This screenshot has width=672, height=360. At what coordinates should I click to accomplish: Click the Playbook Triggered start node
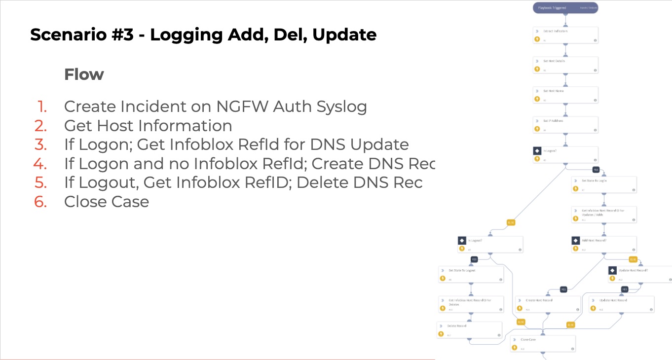[x=565, y=8]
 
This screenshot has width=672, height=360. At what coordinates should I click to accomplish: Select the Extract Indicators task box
[x=565, y=35]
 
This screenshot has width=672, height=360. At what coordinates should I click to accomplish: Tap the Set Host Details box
[x=565, y=65]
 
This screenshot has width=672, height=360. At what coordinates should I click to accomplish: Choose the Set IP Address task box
[x=565, y=125]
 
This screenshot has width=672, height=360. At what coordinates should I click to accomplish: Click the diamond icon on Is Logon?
[x=537, y=151]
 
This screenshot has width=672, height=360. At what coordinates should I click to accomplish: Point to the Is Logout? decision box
[x=490, y=245]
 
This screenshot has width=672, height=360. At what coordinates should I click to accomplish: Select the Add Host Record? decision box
[x=604, y=245]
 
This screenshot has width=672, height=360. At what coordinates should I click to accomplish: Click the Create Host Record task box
[x=548, y=304]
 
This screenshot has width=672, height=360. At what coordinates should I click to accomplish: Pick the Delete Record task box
[x=469, y=330]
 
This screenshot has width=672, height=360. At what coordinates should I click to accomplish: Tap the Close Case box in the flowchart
[x=543, y=343]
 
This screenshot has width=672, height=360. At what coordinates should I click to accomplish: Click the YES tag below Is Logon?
[x=596, y=170]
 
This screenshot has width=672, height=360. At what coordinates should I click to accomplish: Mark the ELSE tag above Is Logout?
[x=511, y=222]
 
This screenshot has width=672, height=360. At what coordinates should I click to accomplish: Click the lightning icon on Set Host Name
[x=537, y=100]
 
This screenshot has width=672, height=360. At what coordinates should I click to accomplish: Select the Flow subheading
[x=84, y=74]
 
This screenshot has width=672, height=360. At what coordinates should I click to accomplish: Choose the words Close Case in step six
[x=107, y=201]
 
